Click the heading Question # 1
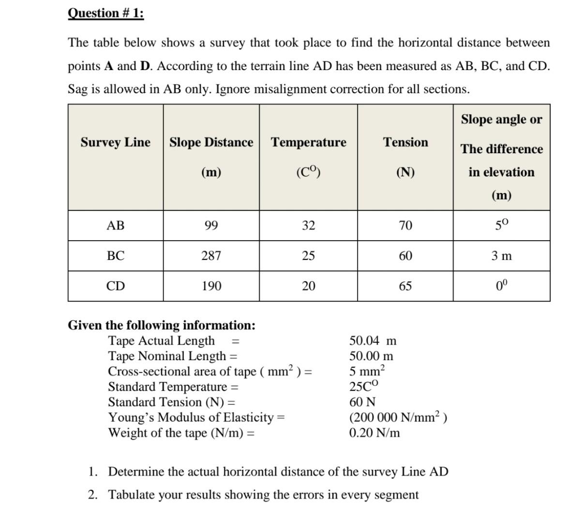pyautogui.click(x=105, y=13)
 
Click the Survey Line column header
pyautogui.click(x=115, y=143)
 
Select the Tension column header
pyautogui.click(x=406, y=143)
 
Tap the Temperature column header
pyautogui.click(x=308, y=143)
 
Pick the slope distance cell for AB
pyautogui.click(x=211, y=226)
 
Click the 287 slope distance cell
pyautogui.click(x=211, y=256)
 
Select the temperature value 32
pyautogui.click(x=308, y=226)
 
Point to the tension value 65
pyautogui.click(x=406, y=286)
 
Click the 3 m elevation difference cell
pyautogui.click(x=501, y=256)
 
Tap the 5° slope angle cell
pyautogui.click(x=501, y=225)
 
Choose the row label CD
pyautogui.click(x=115, y=286)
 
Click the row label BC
pyautogui.click(x=115, y=256)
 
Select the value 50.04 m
pyautogui.click(x=373, y=341)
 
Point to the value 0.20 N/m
pyautogui.click(x=375, y=433)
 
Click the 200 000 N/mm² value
pyautogui.click(x=398, y=417)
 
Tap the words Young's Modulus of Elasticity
pyautogui.click(x=191, y=417)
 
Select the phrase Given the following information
pyautogui.click(x=162, y=325)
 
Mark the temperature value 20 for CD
pyautogui.click(x=308, y=286)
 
